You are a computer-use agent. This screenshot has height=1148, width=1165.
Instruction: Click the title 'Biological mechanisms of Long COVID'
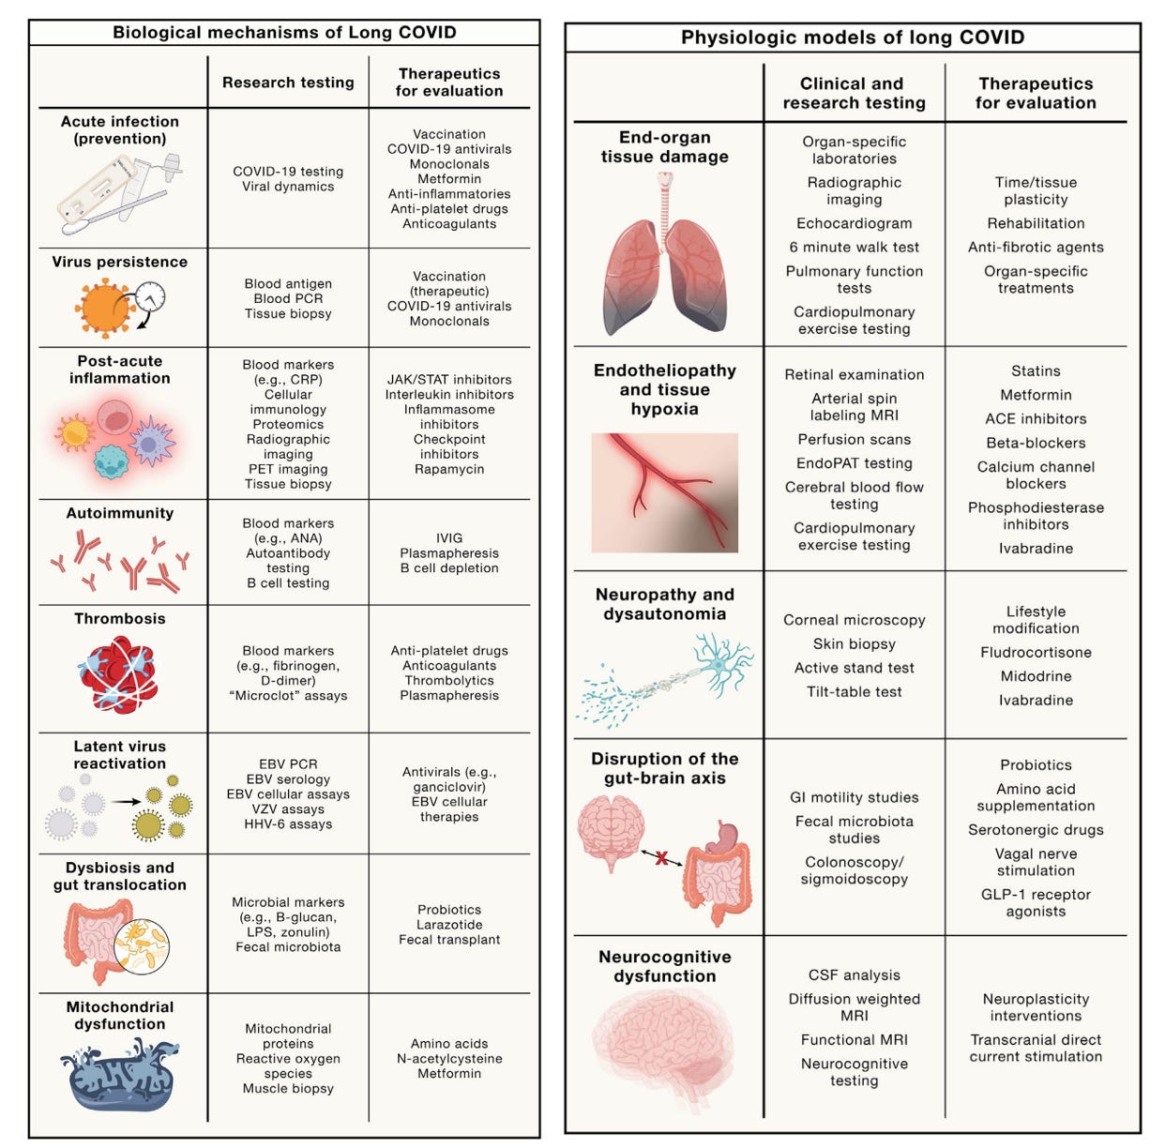284,32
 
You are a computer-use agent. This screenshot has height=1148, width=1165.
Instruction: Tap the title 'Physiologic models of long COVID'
852,38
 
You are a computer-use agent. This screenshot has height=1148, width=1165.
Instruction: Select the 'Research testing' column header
288,83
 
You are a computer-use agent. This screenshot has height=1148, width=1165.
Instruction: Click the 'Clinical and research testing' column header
854,93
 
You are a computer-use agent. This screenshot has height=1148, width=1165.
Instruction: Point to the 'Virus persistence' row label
119,262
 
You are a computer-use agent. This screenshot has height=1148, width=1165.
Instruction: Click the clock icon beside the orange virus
150,300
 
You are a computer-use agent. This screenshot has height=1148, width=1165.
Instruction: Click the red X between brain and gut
662,857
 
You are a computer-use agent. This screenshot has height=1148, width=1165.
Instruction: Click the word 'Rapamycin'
449,469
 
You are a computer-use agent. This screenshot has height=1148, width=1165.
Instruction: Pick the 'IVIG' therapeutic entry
449,538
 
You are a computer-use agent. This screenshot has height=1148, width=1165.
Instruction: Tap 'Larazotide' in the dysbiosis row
449,925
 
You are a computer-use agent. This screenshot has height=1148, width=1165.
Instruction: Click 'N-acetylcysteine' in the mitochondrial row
449,1059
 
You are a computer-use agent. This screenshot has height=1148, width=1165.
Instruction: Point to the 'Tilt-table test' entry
854,692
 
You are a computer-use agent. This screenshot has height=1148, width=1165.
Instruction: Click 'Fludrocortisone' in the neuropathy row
1036,652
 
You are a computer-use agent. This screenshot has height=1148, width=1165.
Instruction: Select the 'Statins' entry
1036,371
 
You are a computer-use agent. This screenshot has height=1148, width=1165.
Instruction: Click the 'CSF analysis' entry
854,975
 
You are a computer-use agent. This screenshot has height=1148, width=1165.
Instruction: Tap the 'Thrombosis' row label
119,619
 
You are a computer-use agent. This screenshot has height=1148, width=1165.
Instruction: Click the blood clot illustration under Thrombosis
118,674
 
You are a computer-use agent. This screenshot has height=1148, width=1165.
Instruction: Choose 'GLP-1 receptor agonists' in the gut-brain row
1036,902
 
